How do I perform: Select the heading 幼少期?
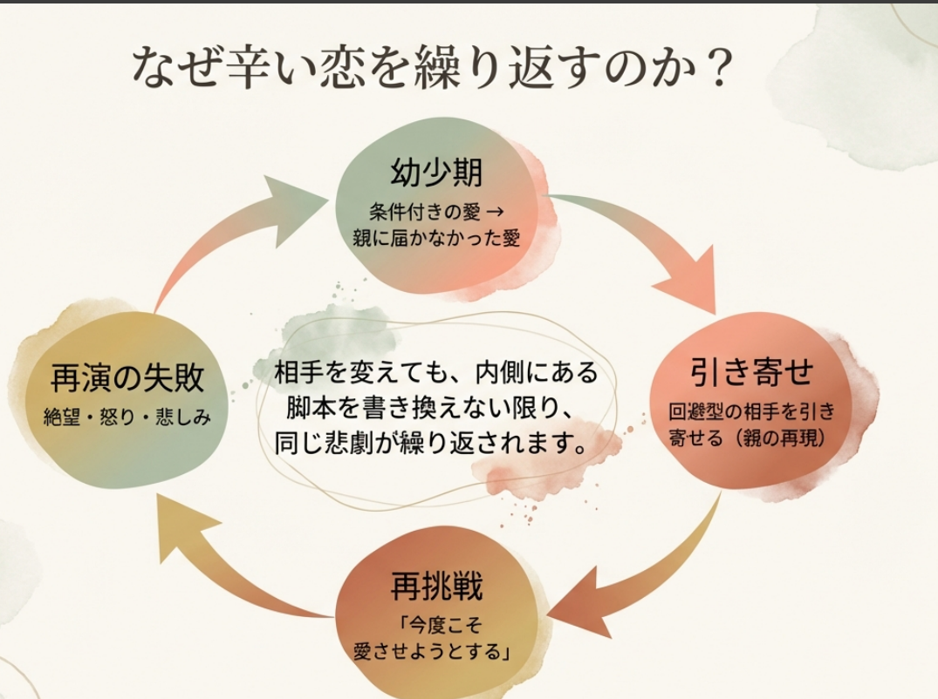(436, 172)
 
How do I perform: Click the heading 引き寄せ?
(751, 371)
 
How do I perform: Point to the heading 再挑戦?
(436, 586)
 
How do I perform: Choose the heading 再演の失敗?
(127, 377)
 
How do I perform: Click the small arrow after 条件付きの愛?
(495, 212)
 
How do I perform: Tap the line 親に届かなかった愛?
(436, 238)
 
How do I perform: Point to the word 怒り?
(117, 417)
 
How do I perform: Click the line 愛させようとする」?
(432, 650)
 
